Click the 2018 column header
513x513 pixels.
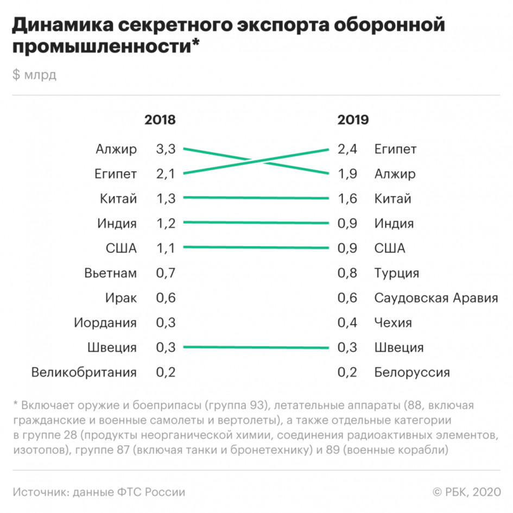(x=160, y=120)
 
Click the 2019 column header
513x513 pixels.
(x=353, y=120)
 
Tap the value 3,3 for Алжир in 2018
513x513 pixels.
(x=166, y=149)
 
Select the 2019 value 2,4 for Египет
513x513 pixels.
(x=347, y=149)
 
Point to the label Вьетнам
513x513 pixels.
(x=111, y=273)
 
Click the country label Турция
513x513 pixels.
(x=396, y=273)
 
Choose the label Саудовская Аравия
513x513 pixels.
(x=436, y=298)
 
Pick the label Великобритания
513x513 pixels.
(x=84, y=372)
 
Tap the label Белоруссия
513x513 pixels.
(x=412, y=372)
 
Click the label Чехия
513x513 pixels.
(x=393, y=323)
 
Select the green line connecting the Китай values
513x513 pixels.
(x=256, y=198)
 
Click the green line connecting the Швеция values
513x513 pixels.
(x=256, y=347)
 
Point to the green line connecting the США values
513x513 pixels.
(x=256, y=248)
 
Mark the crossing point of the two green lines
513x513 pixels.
(x=256, y=161)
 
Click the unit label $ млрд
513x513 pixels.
(x=34, y=75)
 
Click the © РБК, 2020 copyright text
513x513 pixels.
(x=466, y=492)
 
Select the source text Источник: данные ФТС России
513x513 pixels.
(x=99, y=492)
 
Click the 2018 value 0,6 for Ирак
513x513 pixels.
(x=166, y=298)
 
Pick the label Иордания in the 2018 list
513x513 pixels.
(x=106, y=323)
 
